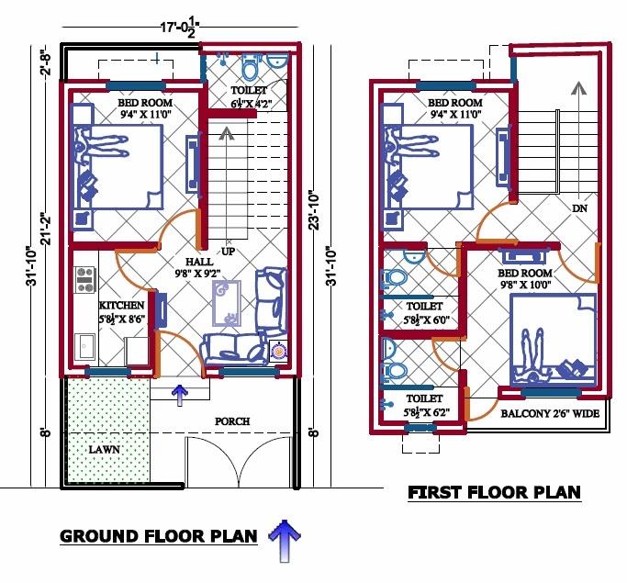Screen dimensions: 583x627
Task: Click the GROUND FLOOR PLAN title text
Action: coord(159,536)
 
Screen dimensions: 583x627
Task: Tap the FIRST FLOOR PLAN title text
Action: coord(494,493)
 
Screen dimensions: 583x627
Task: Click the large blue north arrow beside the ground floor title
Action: coord(285,538)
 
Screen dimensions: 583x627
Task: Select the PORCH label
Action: coord(232,421)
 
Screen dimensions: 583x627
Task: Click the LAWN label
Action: coord(105,451)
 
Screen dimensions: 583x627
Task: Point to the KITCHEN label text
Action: coord(121,305)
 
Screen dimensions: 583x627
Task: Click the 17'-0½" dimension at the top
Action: coord(179,28)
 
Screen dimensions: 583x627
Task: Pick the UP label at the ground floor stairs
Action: coord(228,251)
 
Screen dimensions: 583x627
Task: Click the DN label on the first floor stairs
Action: coord(579,208)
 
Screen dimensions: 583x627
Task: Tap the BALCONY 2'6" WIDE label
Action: coord(549,414)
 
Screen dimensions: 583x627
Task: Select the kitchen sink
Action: coord(86,346)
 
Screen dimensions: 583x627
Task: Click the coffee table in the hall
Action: coord(226,304)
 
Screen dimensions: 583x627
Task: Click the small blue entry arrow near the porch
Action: coord(180,394)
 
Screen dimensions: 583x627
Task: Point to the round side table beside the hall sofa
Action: coord(279,350)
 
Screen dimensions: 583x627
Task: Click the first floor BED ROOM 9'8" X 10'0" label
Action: coord(524,279)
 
